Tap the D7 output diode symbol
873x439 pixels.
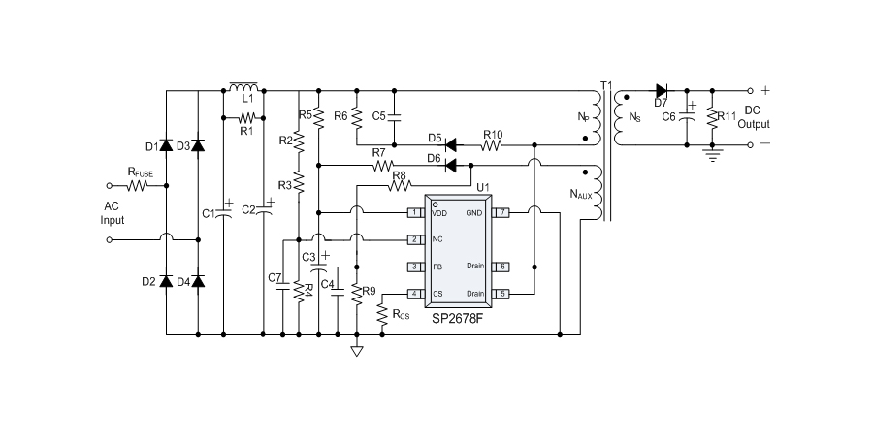pos(663,92)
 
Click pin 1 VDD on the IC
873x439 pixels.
pos(414,212)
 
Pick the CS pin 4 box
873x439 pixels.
pos(414,293)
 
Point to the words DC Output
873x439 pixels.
pos(753,117)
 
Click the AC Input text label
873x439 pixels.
pos(114,213)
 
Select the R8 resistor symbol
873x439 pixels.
pos(397,184)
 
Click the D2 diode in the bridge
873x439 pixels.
pos(167,281)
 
